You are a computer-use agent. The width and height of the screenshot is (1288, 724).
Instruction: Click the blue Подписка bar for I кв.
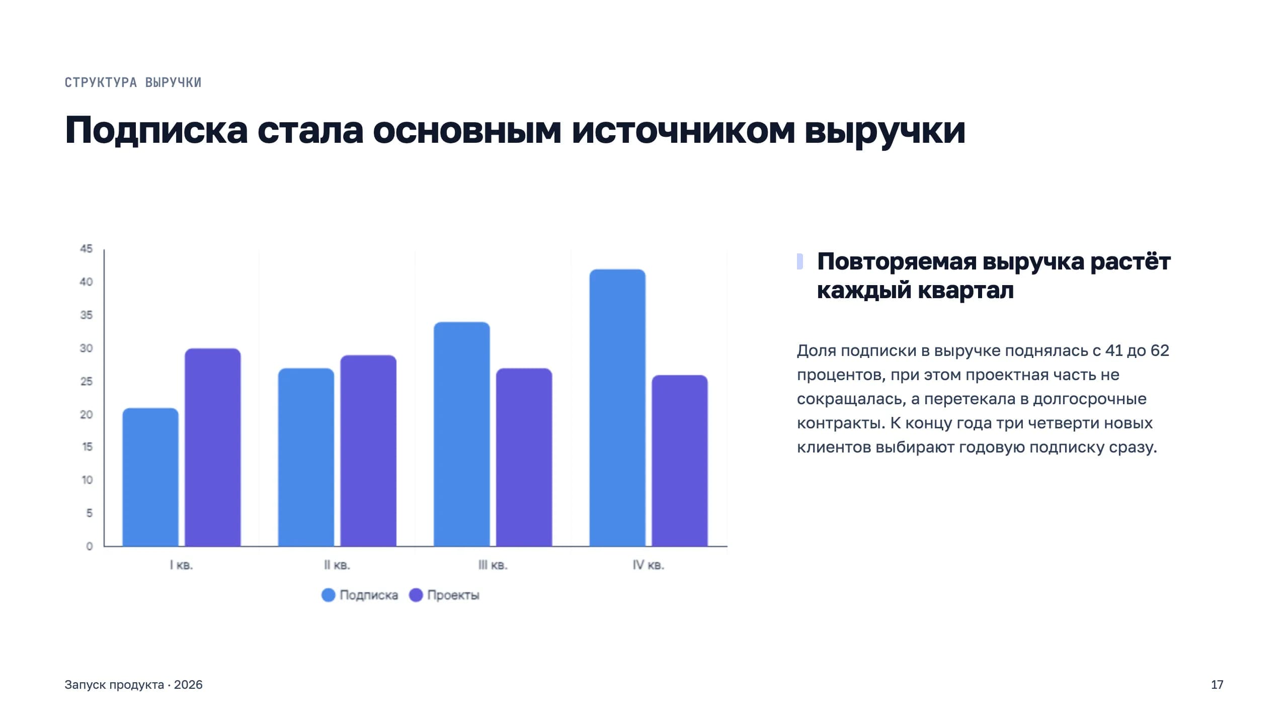click(x=150, y=477)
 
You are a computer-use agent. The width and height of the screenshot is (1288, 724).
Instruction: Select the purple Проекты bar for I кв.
click(x=213, y=447)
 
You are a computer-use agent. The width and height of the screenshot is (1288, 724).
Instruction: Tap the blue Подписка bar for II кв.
click(x=306, y=457)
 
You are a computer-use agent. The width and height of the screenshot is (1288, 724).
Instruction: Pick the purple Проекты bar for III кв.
click(x=524, y=457)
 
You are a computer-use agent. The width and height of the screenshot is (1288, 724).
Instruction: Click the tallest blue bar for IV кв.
click(x=617, y=407)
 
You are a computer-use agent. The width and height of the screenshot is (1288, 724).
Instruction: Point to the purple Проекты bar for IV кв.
click(x=680, y=461)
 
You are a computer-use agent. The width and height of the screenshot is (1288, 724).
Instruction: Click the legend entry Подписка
click(x=360, y=595)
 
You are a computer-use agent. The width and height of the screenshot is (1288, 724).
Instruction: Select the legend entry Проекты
click(x=444, y=595)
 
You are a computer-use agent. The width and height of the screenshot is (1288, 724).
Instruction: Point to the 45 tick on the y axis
click(x=87, y=249)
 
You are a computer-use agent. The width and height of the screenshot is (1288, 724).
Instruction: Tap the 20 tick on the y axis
click(x=87, y=414)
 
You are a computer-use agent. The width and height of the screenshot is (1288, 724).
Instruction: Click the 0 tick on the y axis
click(x=90, y=546)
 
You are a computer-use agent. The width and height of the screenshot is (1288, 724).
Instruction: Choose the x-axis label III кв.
click(x=493, y=565)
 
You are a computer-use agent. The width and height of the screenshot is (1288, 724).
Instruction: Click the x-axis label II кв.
click(x=337, y=565)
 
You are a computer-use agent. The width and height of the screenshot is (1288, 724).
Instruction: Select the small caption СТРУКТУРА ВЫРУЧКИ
click(x=133, y=82)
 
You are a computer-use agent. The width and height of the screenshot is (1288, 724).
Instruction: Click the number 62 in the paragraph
click(x=1160, y=350)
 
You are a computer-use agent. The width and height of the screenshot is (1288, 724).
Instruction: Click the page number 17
click(x=1217, y=685)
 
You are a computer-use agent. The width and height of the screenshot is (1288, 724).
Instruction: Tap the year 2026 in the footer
click(x=188, y=685)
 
